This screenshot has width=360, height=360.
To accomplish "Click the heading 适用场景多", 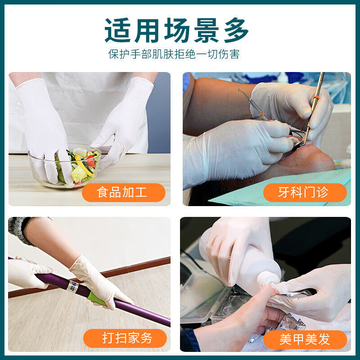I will pyautogui.click(x=176, y=31).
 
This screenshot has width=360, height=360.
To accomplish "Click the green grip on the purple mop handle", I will pyautogui.click(x=97, y=298).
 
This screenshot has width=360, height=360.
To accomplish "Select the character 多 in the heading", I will pyautogui.click(x=234, y=31).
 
